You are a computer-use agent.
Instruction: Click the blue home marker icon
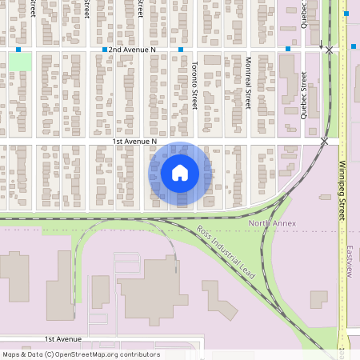[x=180, y=173]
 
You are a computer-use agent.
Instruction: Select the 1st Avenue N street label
[x=134, y=142]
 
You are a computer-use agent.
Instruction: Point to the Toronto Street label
[x=194, y=88]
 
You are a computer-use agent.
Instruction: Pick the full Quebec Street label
[x=304, y=95]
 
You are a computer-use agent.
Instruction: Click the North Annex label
[x=272, y=223]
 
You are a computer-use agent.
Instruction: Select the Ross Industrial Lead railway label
[x=226, y=252]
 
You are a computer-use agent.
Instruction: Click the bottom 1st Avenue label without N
[x=64, y=339]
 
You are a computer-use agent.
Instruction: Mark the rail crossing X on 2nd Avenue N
[x=329, y=50]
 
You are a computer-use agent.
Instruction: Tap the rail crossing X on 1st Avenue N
[x=324, y=142]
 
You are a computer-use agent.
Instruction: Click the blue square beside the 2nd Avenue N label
[x=105, y=50]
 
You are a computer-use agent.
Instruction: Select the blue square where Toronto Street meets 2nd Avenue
[x=182, y=50]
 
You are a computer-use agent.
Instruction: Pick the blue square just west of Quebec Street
[x=288, y=50]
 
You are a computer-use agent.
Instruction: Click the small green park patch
[x=20, y=62]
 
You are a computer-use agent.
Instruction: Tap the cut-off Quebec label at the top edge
[x=304, y=13]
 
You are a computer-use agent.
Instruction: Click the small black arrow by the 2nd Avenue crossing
[x=321, y=45]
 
